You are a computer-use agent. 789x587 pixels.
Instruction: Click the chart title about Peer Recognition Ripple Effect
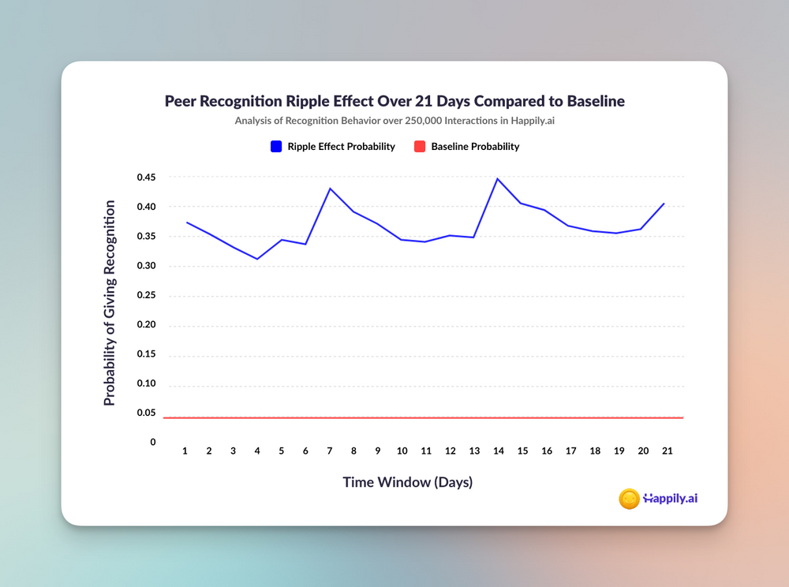pyautogui.click(x=394, y=102)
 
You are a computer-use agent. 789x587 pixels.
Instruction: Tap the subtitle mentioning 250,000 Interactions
pyautogui.click(x=394, y=122)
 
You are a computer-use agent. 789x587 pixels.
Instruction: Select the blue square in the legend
pyautogui.click(x=276, y=147)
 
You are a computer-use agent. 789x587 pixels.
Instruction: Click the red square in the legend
pyautogui.click(x=420, y=147)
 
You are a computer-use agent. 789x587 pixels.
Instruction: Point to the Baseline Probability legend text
pyautogui.click(x=475, y=147)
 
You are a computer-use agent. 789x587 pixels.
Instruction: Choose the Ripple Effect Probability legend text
pyautogui.click(x=341, y=147)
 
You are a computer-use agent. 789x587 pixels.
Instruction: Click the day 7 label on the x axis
pyautogui.click(x=329, y=451)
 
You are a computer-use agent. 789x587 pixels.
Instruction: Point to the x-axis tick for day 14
pyautogui.click(x=498, y=451)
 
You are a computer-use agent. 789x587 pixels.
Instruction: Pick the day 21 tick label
pyautogui.click(x=667, y=451)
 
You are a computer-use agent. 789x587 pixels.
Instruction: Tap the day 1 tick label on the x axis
pyautogui.click(x=185, y=451)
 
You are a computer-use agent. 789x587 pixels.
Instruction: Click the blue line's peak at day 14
pyautogui.click(x=498, y=179)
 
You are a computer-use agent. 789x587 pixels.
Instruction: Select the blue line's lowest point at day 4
pyautogui.click(x=257, y=259)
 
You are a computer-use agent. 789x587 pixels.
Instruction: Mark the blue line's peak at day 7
pyautogui.click(x=329, y=189)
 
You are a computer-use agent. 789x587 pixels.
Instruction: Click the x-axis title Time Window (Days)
pyautogui.click(x=407, y=482)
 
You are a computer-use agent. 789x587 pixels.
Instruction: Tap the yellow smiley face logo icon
pyautogui.click(x=629, y=499)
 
